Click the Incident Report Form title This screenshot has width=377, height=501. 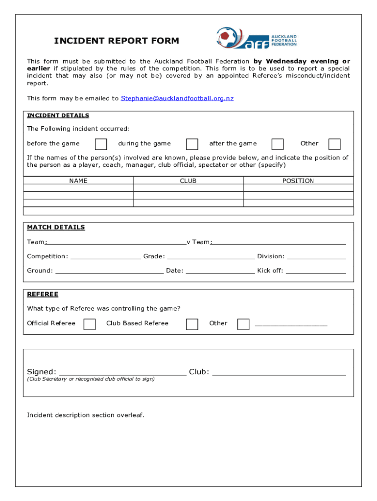[x=116, y=41]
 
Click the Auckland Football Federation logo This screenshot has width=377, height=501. [x=257, y=38]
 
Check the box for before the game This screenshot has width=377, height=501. [x=101, y=144]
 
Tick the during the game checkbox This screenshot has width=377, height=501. [x=192, y=144]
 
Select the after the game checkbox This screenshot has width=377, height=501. [x=278, y=144]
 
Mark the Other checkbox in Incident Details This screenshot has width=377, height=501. [x=334, y=144]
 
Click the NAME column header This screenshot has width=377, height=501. [x=78, y=181]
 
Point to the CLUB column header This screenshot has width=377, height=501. [x=188, y=181]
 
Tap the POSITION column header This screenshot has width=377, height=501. [x=298, y=181]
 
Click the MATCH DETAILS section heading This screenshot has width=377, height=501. [x=56, y=228]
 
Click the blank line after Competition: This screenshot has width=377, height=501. [x=105, y=257]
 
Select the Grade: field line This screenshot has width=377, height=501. [x=211, y=257]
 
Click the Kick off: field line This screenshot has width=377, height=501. [x=316, y=271]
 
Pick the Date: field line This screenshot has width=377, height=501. [x=220, y=271]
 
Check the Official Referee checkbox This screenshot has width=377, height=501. [x=90, y=324]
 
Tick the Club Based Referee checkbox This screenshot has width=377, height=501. [x=192, y=324]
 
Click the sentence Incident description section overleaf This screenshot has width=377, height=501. [x=86, y=415]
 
